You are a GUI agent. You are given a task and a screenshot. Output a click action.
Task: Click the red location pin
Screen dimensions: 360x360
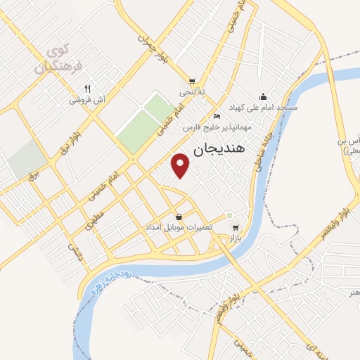click(181, 165)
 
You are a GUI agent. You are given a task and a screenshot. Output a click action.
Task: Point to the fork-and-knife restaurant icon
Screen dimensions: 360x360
click(87, 89)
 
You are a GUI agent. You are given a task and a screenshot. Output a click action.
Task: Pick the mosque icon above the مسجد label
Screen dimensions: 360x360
click(263, 96)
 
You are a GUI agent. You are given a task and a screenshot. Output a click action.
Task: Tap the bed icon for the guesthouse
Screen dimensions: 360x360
click(217, 116)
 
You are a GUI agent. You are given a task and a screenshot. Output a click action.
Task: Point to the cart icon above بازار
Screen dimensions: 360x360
click(235, 228)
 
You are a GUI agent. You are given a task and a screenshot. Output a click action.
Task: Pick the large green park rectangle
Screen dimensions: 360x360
click(146, 124)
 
